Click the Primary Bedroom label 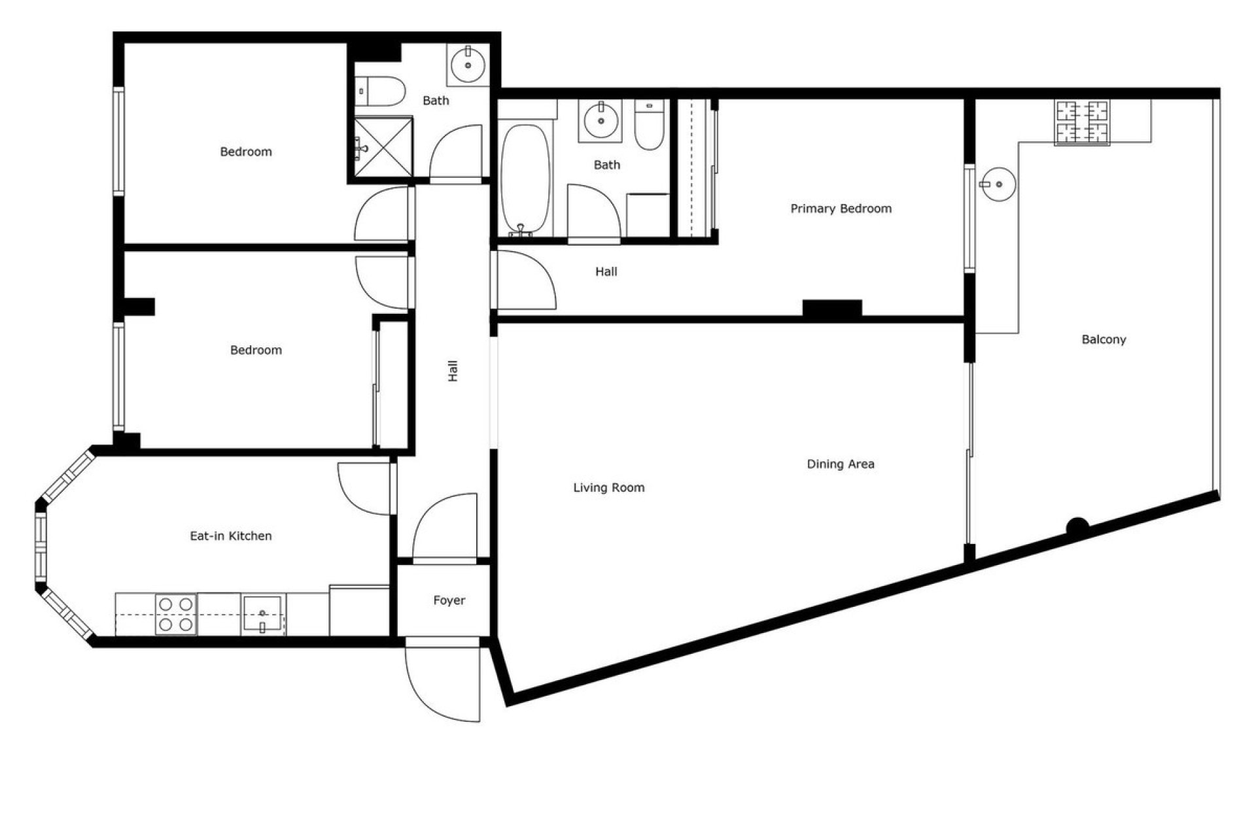click(841, 209)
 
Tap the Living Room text click(608, 487)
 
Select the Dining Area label click(840, 464)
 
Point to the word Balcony click(1104, 339)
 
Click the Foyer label click(449, 600)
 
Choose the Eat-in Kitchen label click(230, 536)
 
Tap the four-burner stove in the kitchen click(176, 615)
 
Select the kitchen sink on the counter click(263, 615)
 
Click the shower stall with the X click(383, 147)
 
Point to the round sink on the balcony click(998, 184)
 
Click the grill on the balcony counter click(1082, 122)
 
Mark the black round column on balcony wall click(1077, 526)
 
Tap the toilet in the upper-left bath click(381, 91)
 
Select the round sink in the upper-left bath click(468, 64)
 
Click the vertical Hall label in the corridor click(453, 371)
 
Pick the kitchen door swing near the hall click(365, 488)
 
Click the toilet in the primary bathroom click(649, 126)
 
